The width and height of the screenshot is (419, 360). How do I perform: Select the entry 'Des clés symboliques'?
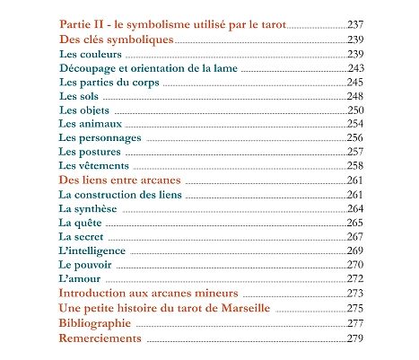click(116, 40)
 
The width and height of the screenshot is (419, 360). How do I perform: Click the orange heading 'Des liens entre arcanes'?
click(119, 180)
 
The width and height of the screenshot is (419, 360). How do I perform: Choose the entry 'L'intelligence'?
click(92, 250)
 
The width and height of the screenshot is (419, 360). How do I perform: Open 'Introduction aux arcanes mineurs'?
click(148, 294)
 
